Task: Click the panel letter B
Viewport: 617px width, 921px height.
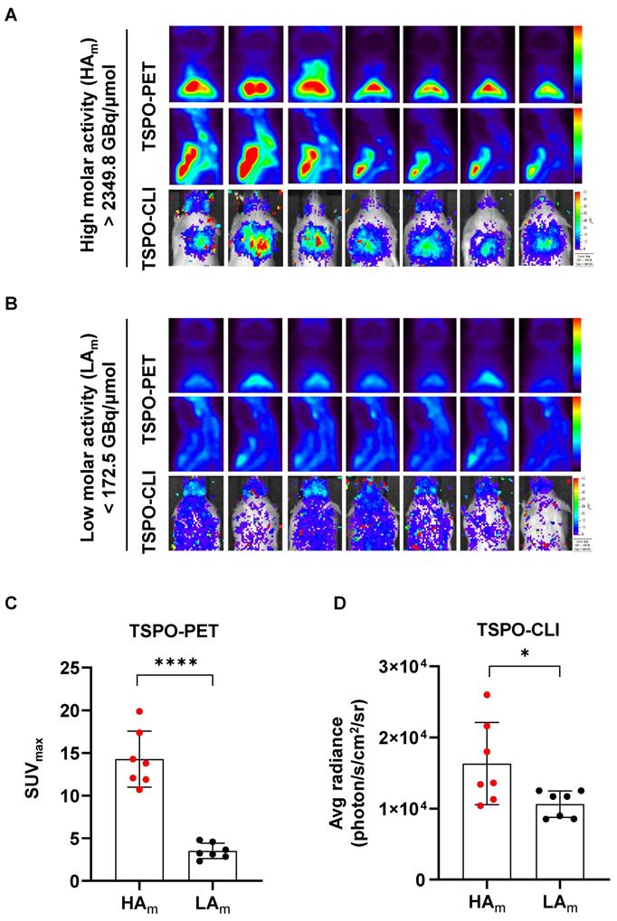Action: pos(10,303)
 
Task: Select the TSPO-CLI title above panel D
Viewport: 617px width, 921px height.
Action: pos(525,623)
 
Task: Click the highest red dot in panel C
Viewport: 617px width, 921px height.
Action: pos(138,711)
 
